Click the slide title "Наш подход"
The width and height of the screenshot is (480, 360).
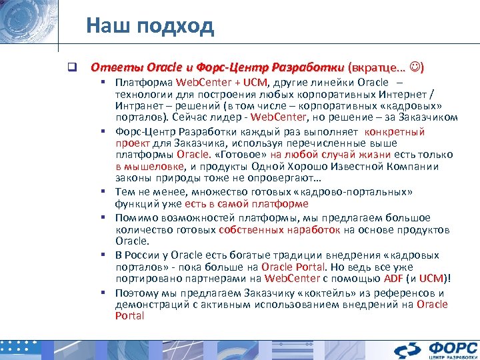pos(150,26)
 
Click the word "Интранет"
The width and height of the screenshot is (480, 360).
pos(137,106)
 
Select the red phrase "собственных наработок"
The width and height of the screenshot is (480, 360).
pos(280,229)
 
